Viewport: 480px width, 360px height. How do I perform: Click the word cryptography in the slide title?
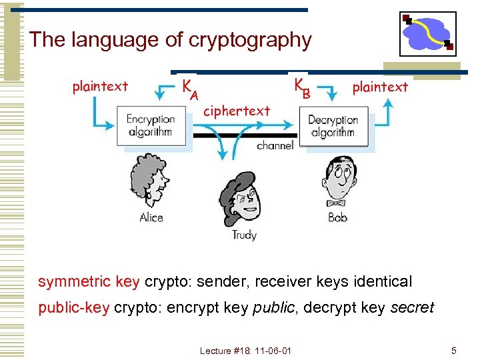(250, 40)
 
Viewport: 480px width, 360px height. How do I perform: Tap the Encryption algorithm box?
(151, 125)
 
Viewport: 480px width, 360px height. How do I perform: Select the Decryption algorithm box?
(333, 126)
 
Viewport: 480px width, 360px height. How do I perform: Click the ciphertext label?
(237, 111)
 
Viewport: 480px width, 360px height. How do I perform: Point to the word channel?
(275, 145)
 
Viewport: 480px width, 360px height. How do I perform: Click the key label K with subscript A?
(190, 88)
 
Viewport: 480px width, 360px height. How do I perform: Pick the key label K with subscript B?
(301, 88)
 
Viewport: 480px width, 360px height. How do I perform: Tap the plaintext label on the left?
(100, 86)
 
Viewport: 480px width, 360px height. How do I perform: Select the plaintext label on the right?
(380, 87)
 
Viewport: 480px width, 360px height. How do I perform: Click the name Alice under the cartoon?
(151, 217)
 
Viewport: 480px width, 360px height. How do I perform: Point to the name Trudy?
(244, 235)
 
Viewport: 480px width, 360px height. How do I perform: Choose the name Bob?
(338, 217)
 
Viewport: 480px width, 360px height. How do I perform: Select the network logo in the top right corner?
(428, 33)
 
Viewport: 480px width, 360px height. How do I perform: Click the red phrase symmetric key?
(89, 281)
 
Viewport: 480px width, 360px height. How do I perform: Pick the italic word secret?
(412, 308)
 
